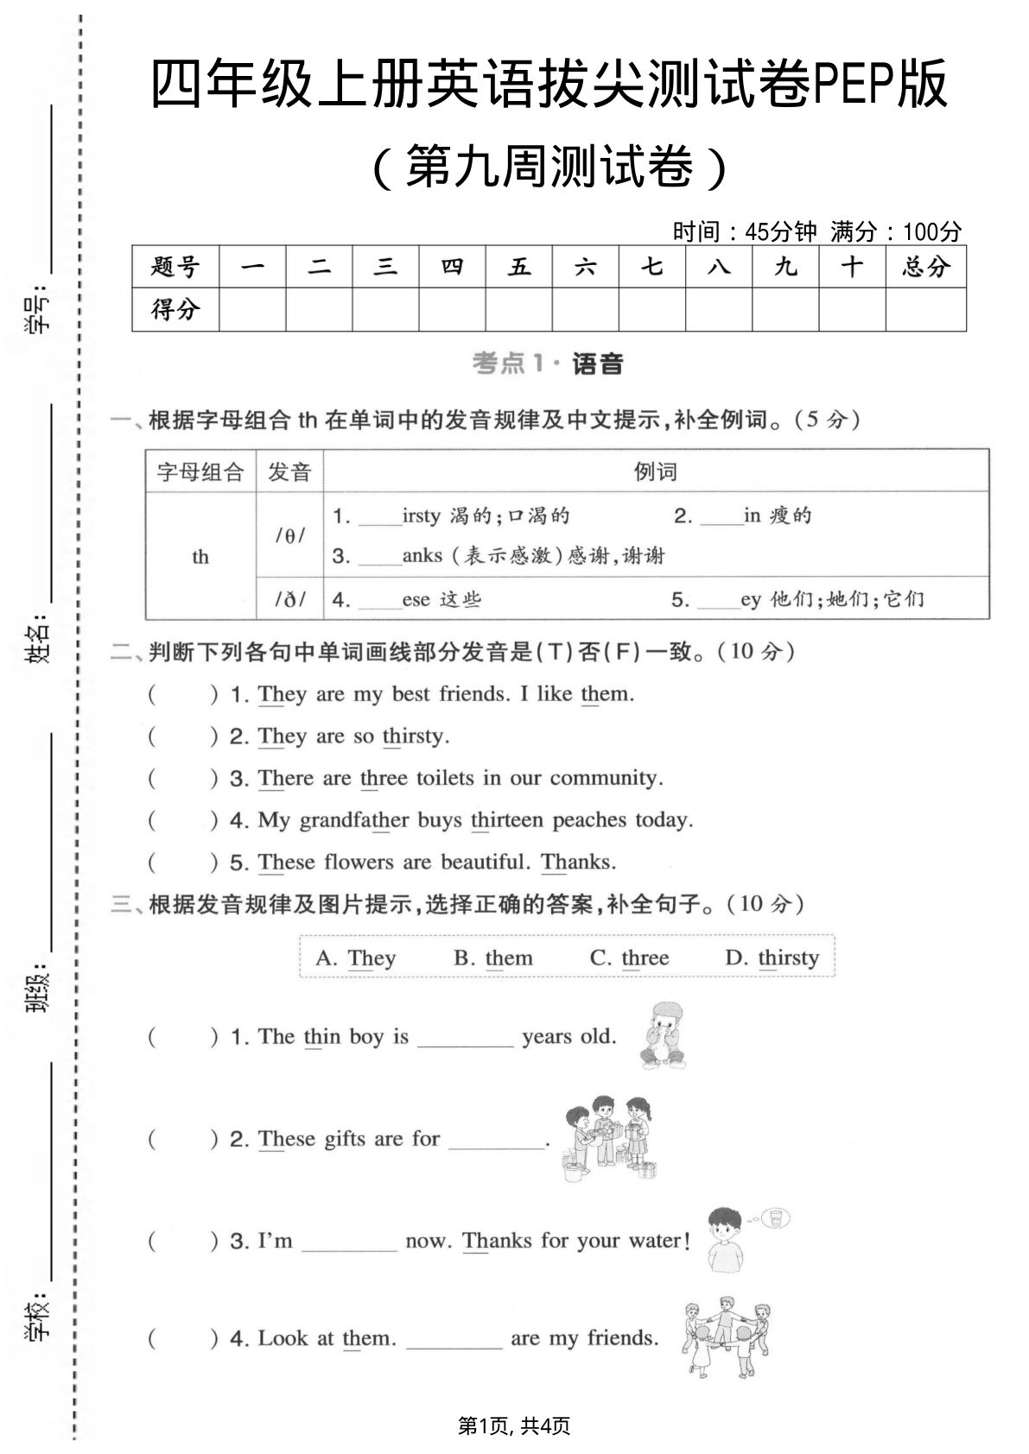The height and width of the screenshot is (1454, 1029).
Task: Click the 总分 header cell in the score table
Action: [925, 267]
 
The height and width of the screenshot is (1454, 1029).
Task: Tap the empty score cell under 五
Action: [518, 309]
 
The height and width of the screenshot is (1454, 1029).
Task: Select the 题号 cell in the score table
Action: [175, 267]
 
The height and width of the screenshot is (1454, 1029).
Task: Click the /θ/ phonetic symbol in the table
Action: [289, 535]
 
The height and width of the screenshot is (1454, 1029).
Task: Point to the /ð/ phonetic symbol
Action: [289, 598]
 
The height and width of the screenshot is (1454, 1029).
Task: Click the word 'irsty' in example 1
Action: [421, 516]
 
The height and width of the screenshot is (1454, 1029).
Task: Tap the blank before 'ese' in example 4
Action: [380, 600]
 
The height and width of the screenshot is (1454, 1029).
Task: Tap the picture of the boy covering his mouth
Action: [663, 1035]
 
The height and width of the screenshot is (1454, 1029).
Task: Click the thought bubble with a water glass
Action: [775, 1218]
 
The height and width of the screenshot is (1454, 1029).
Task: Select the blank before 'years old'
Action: [465, 1038]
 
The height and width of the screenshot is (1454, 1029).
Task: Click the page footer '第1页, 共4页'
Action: [514, 1426]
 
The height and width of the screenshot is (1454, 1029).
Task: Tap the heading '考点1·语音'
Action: [548, 363]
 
